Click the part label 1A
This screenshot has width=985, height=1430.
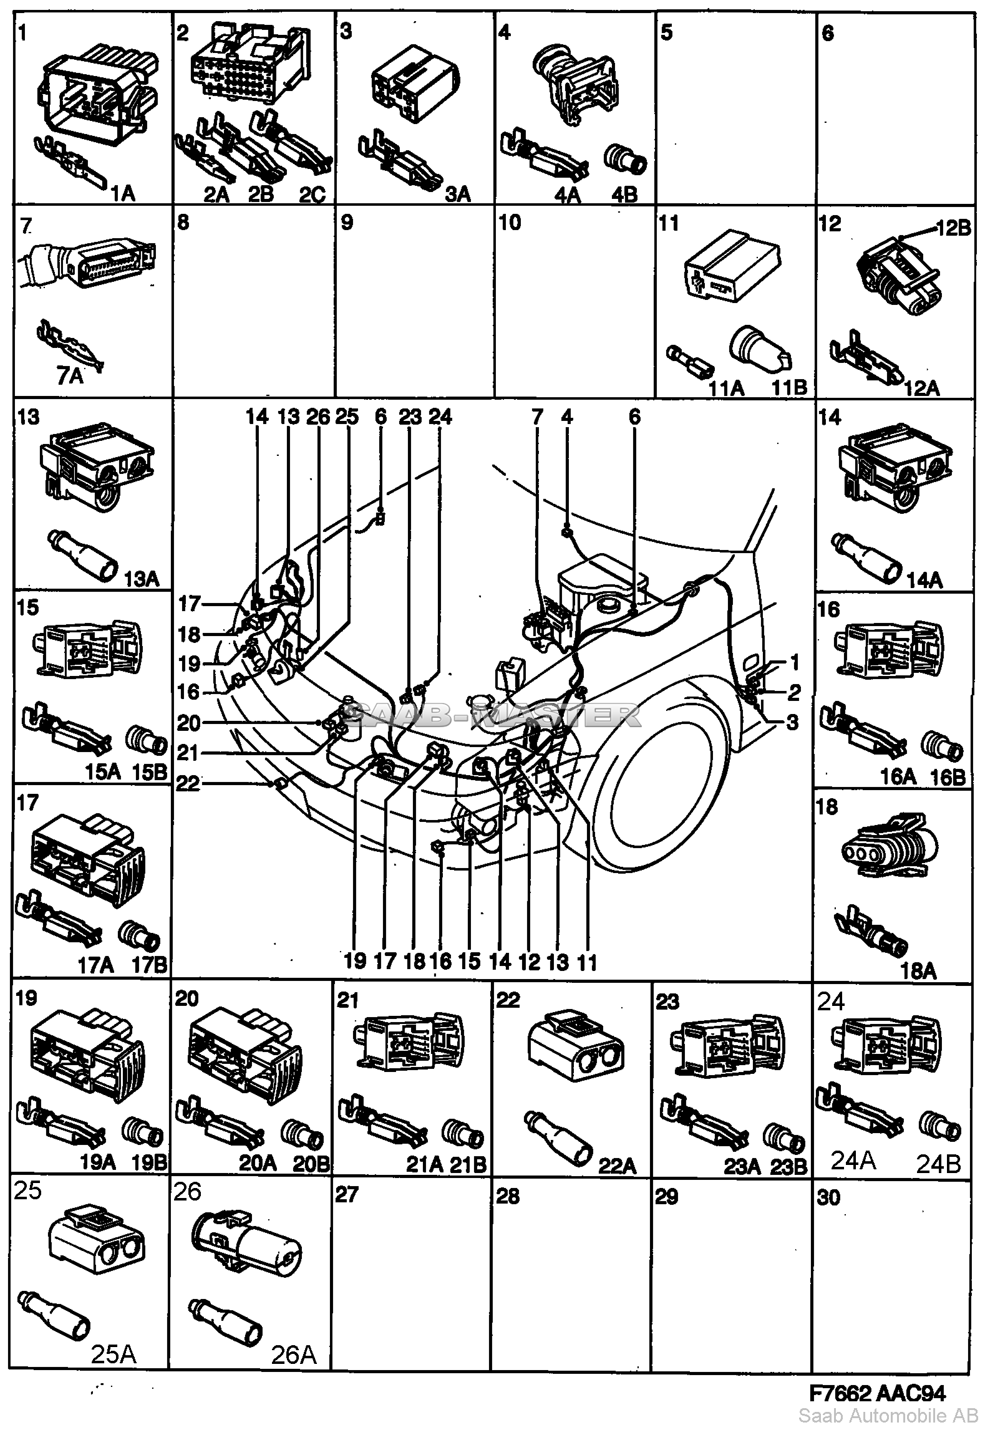pyautogui.click(x=122, y=195)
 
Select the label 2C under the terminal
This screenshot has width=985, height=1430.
pyautogui.click(x=312, y=195)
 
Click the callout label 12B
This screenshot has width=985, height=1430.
pyautogui.click(x=953, y=229)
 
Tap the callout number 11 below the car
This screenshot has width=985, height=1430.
pyautogui.click(x=586, y=962)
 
